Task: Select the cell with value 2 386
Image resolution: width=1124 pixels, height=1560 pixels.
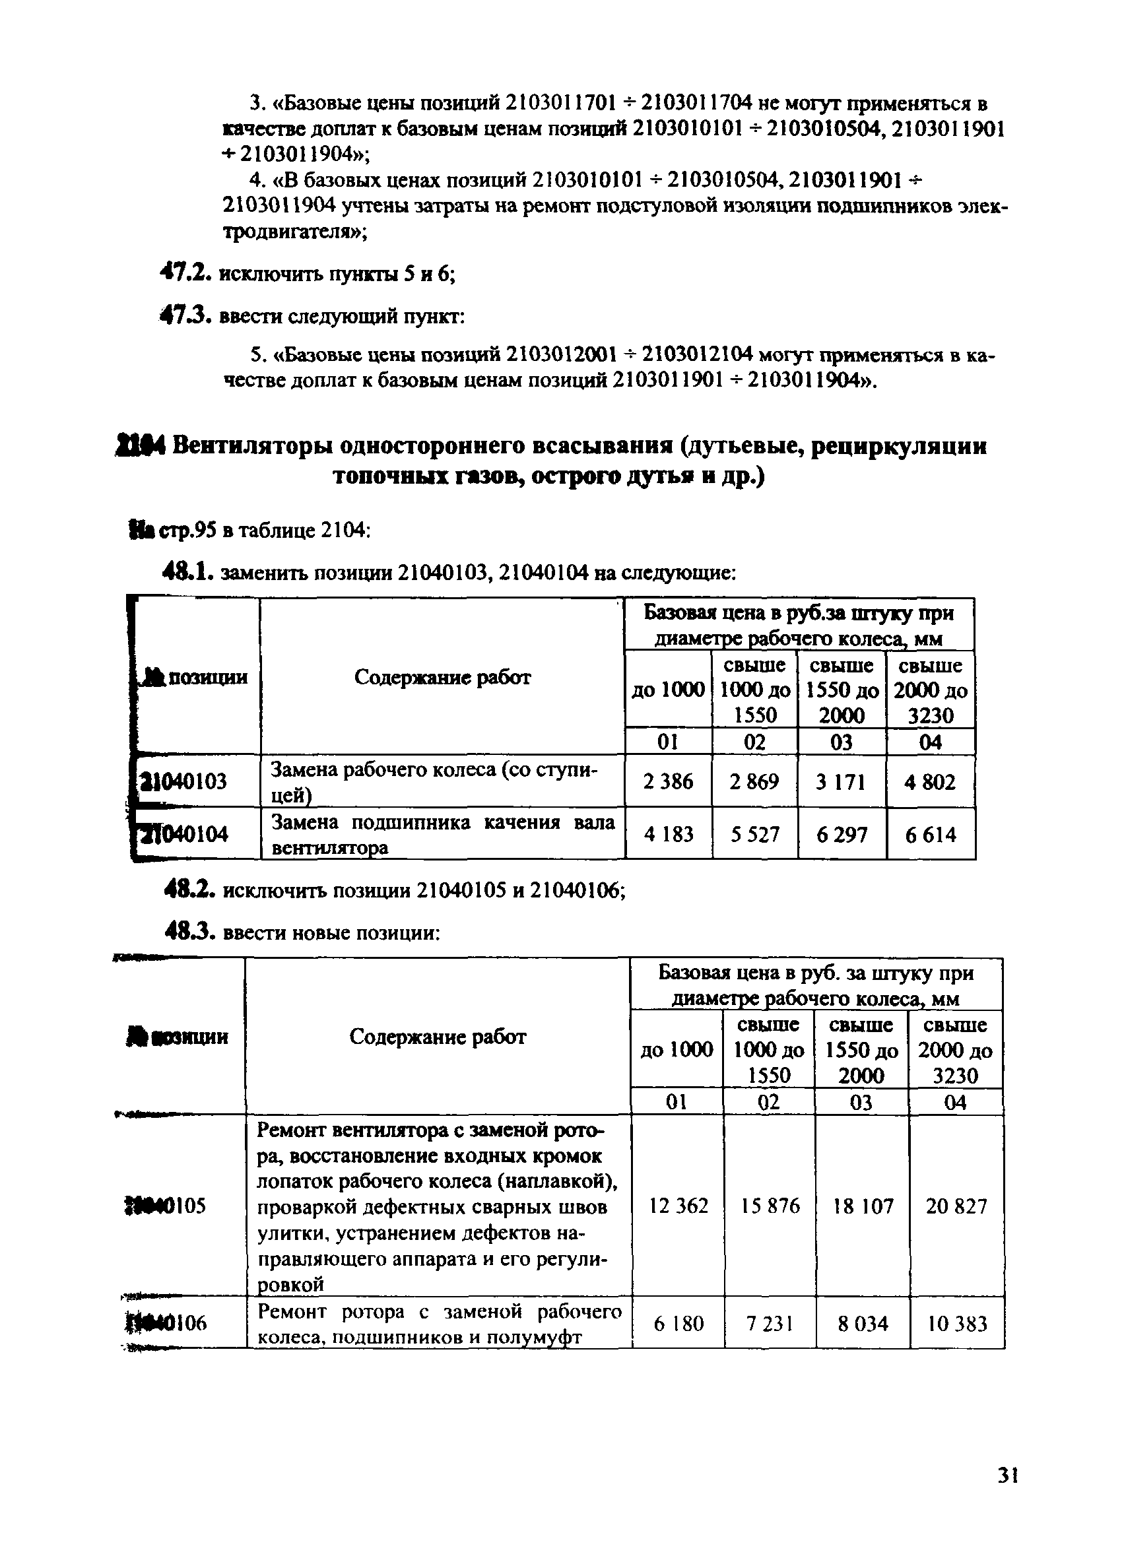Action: click(668, 781)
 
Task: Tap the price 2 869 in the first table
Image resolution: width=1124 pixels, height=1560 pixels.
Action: click(754, 781)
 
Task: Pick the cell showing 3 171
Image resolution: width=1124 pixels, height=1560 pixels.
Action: click(841, 782)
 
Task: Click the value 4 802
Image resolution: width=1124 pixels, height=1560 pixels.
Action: click(930, 782)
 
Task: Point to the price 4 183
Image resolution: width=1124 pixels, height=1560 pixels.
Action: click(668, 834)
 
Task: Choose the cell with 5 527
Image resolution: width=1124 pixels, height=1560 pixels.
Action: click(754, 834)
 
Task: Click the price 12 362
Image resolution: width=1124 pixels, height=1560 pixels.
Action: click(678, 1206)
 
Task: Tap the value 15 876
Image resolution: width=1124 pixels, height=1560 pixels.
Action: click(770, 1206)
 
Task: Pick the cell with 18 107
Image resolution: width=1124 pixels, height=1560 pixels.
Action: click(863, 1206)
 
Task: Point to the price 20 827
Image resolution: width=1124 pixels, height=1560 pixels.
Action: click(956, 1206)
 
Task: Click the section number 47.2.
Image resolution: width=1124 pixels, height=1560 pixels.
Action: click(183, 273)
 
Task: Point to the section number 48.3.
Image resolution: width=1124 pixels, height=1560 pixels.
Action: click(190, 932)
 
